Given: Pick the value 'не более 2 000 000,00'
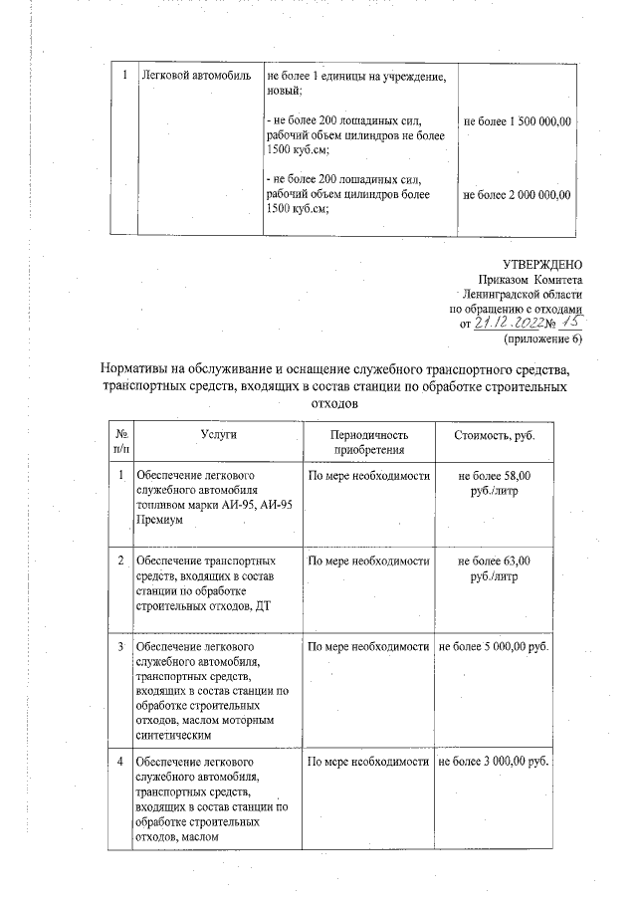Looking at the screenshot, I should [x=517, y=194].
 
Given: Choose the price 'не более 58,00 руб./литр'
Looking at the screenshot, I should [x=494, y=484].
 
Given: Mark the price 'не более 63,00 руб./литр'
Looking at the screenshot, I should [x=494, y=567].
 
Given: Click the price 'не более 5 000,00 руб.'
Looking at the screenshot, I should [x=494, y=647].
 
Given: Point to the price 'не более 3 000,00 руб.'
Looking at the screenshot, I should [x=494, y=762].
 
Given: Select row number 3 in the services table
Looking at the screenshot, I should [x=120, y=647].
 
